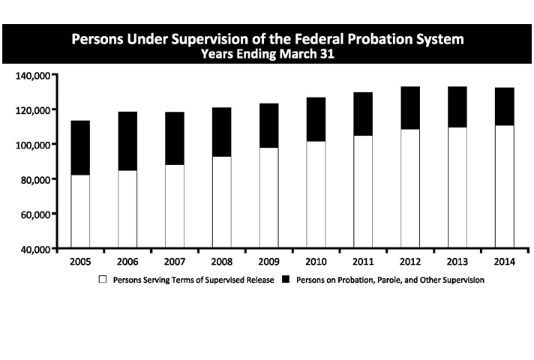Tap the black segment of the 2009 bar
point(268,125)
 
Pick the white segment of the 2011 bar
point(362,192)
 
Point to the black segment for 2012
point(409,108)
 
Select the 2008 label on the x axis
point(222,263)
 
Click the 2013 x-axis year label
point(457,263)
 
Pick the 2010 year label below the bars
point(316,263)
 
